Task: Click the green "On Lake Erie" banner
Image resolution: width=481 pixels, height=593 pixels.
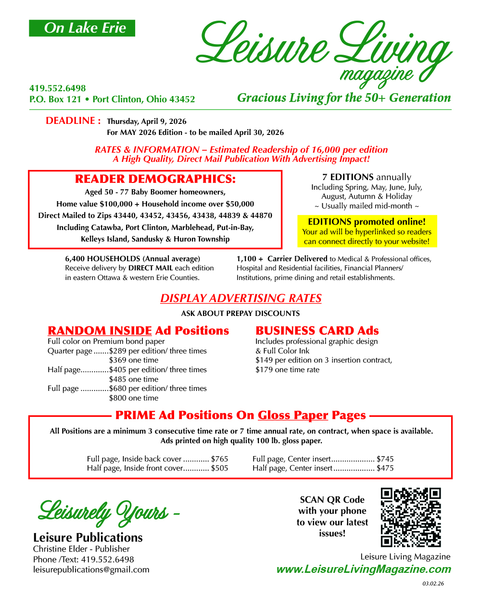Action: [82, 28]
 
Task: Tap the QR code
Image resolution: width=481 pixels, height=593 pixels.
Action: [411, 517]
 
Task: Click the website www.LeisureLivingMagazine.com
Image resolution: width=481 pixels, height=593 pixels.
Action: [364, 569]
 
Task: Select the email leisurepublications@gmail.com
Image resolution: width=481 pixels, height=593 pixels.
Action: [91, 569]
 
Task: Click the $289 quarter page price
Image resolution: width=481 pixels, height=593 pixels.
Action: [118, 351]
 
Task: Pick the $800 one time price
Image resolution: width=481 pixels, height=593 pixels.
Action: [118, 398]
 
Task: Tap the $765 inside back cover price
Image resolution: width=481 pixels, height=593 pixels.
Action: [219, 459]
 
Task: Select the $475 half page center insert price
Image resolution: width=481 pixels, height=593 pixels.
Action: [385, 468]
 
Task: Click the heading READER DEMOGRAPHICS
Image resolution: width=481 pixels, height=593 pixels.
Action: [155, 179]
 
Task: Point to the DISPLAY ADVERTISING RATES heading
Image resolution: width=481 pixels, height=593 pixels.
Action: [240, 298]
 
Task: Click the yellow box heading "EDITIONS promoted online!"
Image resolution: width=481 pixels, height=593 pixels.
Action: [367, 222]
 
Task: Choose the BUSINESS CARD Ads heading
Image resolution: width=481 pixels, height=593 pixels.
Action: [317, 331]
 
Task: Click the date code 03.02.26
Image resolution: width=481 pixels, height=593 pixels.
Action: [433, 584]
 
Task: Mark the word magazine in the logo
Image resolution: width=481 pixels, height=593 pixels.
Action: [376, 74]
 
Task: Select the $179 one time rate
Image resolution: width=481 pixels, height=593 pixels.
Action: [264, 370]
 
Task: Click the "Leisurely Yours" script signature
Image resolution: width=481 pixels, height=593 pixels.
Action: [103, 512]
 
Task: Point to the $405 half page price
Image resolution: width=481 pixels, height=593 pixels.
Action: [118, 370]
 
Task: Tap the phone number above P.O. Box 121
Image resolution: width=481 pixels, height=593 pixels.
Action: [58, 88]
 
